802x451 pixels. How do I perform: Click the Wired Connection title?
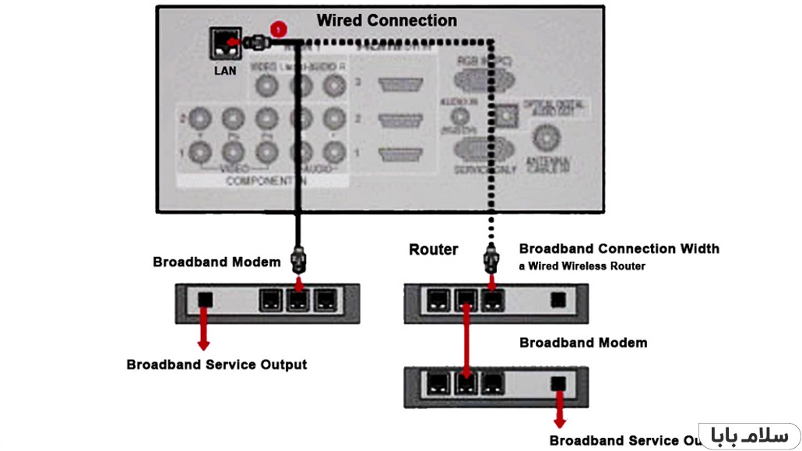click(387, 21)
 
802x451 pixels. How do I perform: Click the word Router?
click(434, 250)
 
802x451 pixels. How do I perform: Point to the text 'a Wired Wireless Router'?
click(582, 266)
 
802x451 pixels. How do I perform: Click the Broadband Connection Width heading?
click(619, 249)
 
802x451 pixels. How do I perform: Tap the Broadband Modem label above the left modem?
click(216, 262)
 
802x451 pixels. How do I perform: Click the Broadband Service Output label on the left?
click(216, 365)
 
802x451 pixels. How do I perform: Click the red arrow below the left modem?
click(204, 328)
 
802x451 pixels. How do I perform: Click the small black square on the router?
click(558, 298)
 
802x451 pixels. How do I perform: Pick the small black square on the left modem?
click(204, 298)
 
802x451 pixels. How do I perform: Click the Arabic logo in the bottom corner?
click(749, 435)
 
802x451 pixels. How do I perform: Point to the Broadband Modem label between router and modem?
click(583, 343)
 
